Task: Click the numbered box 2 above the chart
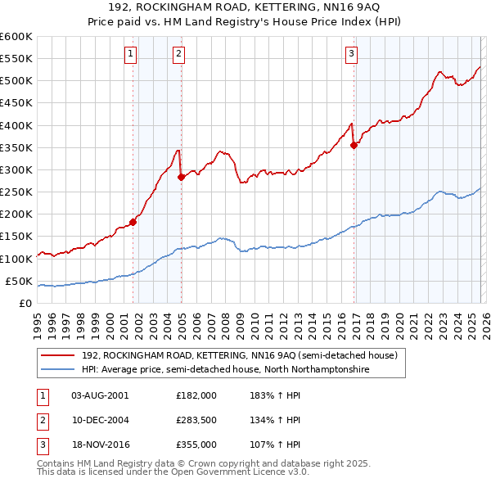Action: tap(179, 55)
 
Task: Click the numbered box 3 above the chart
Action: tap(351, 55)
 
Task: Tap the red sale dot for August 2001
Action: tap(133, 221)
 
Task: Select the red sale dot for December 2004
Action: tap(181, 176)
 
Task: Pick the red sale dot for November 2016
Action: tap(354, 145)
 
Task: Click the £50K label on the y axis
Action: tap(19, 281)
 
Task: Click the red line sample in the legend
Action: tap(59, 355)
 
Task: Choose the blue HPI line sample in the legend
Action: tap(59, 370)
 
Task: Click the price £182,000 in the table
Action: tap(196, 395)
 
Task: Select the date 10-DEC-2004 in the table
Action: tap(100, 420)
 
